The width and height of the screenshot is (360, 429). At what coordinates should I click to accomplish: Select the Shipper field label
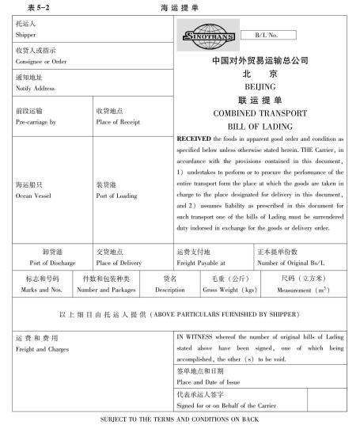pyautogui.click(x=27, y=34)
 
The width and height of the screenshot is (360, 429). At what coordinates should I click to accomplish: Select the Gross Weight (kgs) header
pyautogui.click(x=229, y=290)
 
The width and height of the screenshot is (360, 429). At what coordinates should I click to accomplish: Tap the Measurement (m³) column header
pyautogui.click(x=306, y=290)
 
